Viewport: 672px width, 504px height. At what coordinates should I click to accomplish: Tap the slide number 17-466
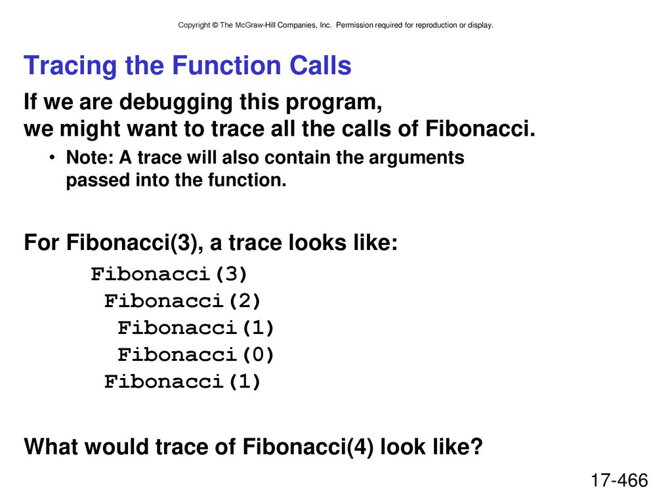click(x=619, y=480)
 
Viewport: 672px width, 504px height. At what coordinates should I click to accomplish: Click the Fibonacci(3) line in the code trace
click(x=169, y=274)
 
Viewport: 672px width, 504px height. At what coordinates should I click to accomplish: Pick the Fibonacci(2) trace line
click(x=182, y=301)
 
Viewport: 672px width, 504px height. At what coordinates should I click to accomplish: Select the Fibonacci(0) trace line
click(x=196, y=355)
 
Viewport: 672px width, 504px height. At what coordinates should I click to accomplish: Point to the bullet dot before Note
click(x=52, y=157)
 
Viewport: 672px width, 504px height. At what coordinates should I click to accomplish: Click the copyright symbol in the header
click(x=215, y=26)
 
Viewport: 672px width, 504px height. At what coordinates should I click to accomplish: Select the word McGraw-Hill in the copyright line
click(x=255, y=26)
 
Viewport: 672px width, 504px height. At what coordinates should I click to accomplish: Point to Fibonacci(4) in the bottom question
click(x=308, y=446)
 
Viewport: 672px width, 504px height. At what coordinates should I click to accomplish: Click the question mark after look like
click(x=477, y=446)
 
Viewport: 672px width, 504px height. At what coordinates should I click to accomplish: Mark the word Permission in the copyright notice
click(x=354, y=26)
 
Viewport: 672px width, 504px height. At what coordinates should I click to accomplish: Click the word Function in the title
click(x=226, y=66)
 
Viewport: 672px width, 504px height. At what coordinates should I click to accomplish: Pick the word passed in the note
click(x=98, y=180)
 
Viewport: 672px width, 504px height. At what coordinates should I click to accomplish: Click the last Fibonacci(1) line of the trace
click(x=182, y=382)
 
